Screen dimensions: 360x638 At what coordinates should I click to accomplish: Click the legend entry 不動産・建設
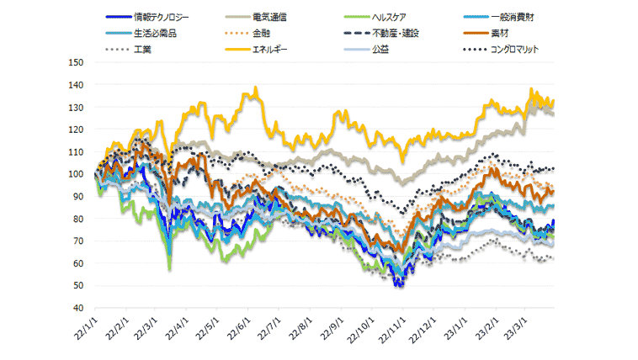point(396,34)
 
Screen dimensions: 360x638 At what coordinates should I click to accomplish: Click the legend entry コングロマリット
point(513,50)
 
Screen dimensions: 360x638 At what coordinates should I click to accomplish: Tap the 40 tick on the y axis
point(77,308)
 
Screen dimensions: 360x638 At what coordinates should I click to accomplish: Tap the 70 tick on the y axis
point(77,241)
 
